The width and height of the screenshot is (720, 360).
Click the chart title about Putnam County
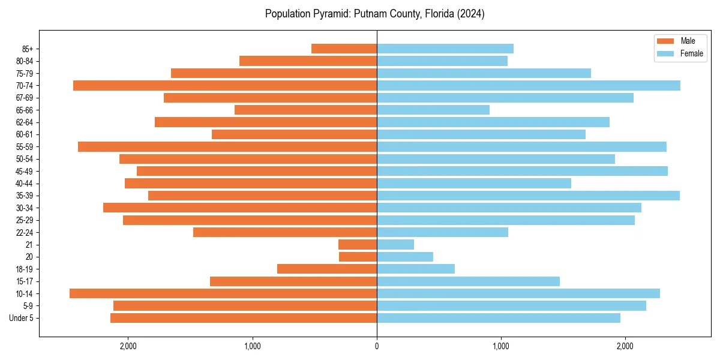(374, 14)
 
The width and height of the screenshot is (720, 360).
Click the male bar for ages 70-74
(225, 86)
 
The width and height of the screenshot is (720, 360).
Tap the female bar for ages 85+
(445, 49)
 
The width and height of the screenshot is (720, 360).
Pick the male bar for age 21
(358, 245)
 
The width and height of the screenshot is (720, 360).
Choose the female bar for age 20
(405, 257)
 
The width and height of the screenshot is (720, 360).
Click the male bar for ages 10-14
(223, 293)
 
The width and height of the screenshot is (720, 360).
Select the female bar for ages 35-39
(528, 196)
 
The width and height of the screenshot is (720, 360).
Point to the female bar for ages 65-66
(433, 110)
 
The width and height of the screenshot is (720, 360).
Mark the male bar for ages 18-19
(327, 269)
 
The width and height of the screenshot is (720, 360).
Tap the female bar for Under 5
(499, 318)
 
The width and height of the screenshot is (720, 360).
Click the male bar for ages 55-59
(227, 147)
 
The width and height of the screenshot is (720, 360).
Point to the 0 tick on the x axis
(377, 346)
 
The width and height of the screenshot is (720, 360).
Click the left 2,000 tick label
(128, 346)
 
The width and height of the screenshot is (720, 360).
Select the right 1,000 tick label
(501, 346)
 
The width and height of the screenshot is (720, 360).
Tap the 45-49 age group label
(25, 171)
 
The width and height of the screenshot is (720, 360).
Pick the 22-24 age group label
(25, 232)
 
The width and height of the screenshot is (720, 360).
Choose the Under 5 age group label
(22, 318)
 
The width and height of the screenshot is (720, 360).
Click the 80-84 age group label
(25, 61)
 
